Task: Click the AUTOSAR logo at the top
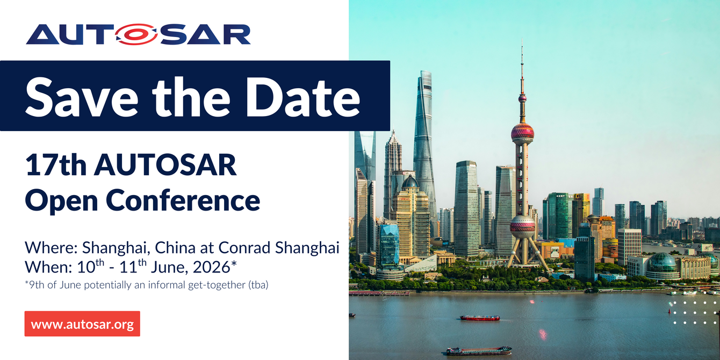(138, 34)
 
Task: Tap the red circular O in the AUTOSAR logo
(131, 34)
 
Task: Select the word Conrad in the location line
(244, 248)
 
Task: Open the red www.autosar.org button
(82, 324)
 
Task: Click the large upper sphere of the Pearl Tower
(522, 132)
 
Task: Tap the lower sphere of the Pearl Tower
(522, 226)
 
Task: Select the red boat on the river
(480, 318)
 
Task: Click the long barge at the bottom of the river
(479, 351)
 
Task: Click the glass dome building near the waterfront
(662, 264)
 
